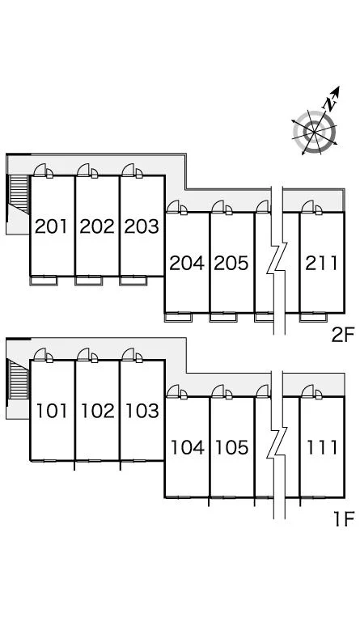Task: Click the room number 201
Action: (x=52, y=226)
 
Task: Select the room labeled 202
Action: (x=97, y=226)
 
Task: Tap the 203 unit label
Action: (x=142, y=226)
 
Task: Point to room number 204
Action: (x=187, y=263)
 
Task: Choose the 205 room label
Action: (x=231, y=263)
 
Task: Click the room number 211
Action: (x=322, y=263)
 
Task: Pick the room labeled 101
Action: (x=52, y=411)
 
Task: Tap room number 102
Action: (x=97, y=411)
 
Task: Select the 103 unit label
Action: (x=142, y=411)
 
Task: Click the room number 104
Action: (x=188, y=447)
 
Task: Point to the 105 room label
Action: (x=232, y=447)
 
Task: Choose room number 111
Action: (x=322, y=447)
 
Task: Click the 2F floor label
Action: (x=342, y=336)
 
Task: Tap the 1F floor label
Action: (x=343, y=519)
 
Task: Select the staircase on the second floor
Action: (x=19, y=194)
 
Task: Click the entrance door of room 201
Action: (x=44, y=171)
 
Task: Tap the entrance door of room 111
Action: (x=312, y=392)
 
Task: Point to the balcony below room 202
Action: (x=89, y=281)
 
